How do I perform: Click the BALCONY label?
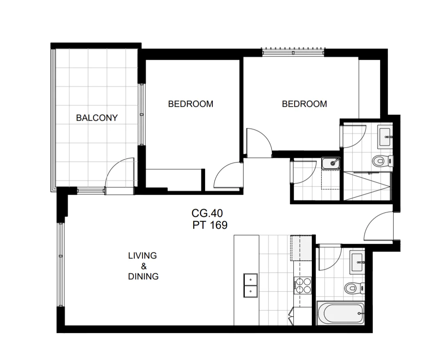click(97, 118)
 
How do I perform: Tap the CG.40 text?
click(207, 213)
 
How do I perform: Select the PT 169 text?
click(210, 225)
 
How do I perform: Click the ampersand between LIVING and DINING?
click(144, 266)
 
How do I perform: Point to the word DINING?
click(143, 276)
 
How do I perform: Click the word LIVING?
click(142, 256)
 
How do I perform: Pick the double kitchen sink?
click(250, 286)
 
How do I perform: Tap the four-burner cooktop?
click(303, 286)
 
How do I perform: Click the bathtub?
click(341, 313)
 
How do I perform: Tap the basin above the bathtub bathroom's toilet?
click(357, 263)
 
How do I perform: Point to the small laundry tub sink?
click(331, 163)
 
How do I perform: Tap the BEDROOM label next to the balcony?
click(191, 104)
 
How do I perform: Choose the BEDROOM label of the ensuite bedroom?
click(304, 104)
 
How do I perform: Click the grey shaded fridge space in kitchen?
click(301, 248)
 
